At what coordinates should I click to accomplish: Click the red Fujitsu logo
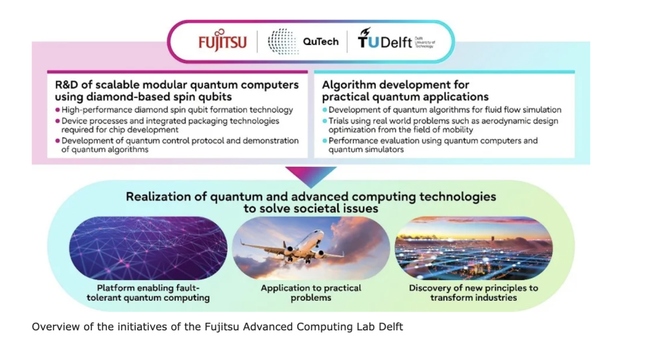pyautogui.click(x=222, y=41)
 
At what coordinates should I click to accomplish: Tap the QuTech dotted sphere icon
pyautogui.click(x=283, y=41)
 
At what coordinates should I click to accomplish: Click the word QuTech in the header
pyautogui.click(x=320, y=42)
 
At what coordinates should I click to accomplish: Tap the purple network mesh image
pyautogui.click(x=148, y=248)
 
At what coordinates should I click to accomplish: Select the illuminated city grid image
pyautogui.click(x=474, y=248)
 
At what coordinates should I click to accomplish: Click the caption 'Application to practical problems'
pyautogui.click(x=311, y=293)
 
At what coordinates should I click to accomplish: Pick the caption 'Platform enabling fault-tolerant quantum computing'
pyautogui.click(x=148, y=293)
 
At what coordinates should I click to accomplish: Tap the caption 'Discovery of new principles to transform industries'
pyautogui.click(x=474, y=293)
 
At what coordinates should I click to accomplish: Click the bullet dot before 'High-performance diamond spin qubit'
pyautogui.click(x=57, y=109)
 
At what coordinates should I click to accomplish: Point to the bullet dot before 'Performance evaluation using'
pyautogui.click(x=324, y=141)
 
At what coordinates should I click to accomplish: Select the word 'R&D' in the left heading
pyautogui.click(x=66, y=85)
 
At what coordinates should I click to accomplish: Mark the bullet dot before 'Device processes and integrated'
pyautogui.click(x=57, y=121)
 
